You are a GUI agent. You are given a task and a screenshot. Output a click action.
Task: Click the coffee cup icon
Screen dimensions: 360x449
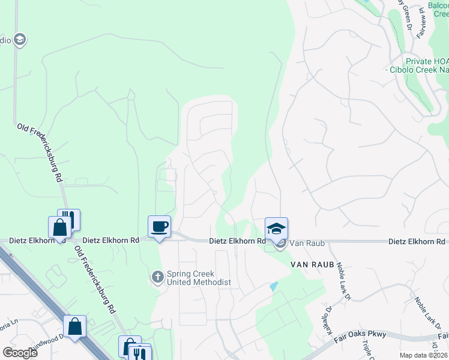(x=159, y=227)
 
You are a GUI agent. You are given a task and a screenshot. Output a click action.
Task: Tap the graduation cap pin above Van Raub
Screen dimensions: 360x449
(x=276, y=228)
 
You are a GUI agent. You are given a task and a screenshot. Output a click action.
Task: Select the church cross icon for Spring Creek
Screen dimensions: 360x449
(x=157, y=277)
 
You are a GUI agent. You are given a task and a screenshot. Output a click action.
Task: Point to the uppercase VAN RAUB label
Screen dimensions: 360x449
(x=312, y=264)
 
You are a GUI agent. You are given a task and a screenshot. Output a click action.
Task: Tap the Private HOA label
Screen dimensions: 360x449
(x=427, y=61)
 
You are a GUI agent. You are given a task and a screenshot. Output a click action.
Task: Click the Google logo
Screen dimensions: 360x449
(x=20, y=352)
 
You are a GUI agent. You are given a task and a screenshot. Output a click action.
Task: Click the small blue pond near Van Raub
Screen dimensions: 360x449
(x=274, y=287)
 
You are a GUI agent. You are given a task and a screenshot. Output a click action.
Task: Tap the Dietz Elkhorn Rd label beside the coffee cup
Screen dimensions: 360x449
(x=111, y=240)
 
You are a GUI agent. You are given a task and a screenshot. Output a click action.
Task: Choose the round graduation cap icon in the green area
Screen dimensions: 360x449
(x=19, y=40)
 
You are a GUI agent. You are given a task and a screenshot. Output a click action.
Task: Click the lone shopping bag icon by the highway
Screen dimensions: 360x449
(x=75, y=326)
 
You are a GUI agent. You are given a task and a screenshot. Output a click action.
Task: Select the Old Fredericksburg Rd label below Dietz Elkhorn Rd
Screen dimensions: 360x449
(x=94, y=280)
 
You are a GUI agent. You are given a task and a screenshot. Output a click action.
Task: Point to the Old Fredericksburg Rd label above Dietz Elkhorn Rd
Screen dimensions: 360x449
(x=40, y=153)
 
